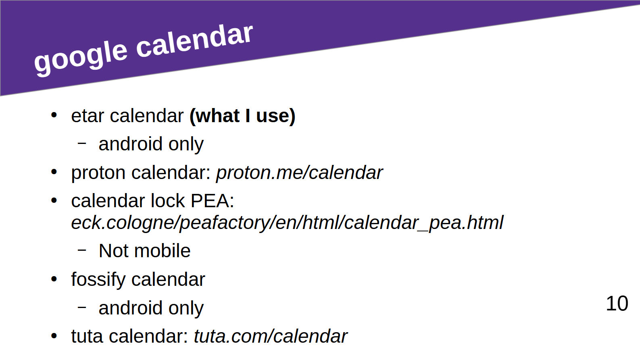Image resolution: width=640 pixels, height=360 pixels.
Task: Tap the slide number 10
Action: pyautogui.click(x=617, y=304)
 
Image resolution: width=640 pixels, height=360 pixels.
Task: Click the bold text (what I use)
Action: pyautogui.click(x=242, y=116)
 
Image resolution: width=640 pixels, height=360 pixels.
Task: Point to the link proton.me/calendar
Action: pyautogui.click(x=299, y=173)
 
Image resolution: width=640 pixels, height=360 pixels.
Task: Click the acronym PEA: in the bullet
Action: pyautogui.click(x=212, y=201)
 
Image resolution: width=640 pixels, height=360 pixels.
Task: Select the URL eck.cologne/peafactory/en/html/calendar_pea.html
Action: pyautogui.click(x=287, y=223)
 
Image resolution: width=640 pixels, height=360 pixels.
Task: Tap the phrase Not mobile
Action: pyautogui.click(x=144, y=251)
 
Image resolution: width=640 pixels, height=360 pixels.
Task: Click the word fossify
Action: pyautogui.click(x=98, y=280)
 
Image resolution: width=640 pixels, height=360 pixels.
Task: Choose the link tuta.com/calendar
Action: pyautogui.click(x=271, y=336)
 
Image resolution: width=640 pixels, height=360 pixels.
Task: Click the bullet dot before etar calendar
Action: pyautogui.click(x=54, y=115)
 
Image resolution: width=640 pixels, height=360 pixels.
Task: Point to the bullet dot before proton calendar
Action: pyautogui.click(x=54, y=172)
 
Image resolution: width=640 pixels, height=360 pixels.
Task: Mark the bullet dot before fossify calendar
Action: pyautogui.click(x=54, y=279)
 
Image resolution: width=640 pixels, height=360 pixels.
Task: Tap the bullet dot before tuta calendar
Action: pyautogui.click(x=54, y=336)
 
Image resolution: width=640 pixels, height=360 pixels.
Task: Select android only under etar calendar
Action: pyautogui.click(x=151, y=144)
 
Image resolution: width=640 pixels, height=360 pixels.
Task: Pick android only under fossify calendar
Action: pyautogui.click(x=151, y=308)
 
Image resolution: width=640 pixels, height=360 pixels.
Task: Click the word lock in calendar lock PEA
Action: pyautogui.click(x=168, y=201)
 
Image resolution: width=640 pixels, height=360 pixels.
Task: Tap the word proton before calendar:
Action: pyautogui.click(x=98, y=173)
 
